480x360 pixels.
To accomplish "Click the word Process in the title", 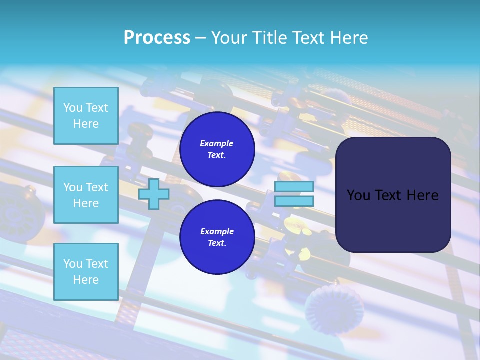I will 157,38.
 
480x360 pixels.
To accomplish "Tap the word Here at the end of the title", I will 348,38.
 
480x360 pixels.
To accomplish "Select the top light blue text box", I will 86,116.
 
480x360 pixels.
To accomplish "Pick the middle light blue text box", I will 86,195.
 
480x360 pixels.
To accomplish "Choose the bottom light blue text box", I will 86,271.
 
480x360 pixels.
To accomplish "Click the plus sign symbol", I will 154,194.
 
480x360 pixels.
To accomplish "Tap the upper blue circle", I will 217,149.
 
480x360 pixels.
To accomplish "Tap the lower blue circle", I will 217,237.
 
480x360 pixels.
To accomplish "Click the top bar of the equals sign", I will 294,186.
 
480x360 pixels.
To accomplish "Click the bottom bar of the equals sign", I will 294,201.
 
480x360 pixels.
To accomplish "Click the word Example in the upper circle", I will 217,143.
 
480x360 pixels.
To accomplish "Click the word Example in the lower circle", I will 217,231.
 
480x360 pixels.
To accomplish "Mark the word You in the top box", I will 73,108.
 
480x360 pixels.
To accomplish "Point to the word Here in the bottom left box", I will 86,280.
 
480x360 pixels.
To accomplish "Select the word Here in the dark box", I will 422,195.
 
